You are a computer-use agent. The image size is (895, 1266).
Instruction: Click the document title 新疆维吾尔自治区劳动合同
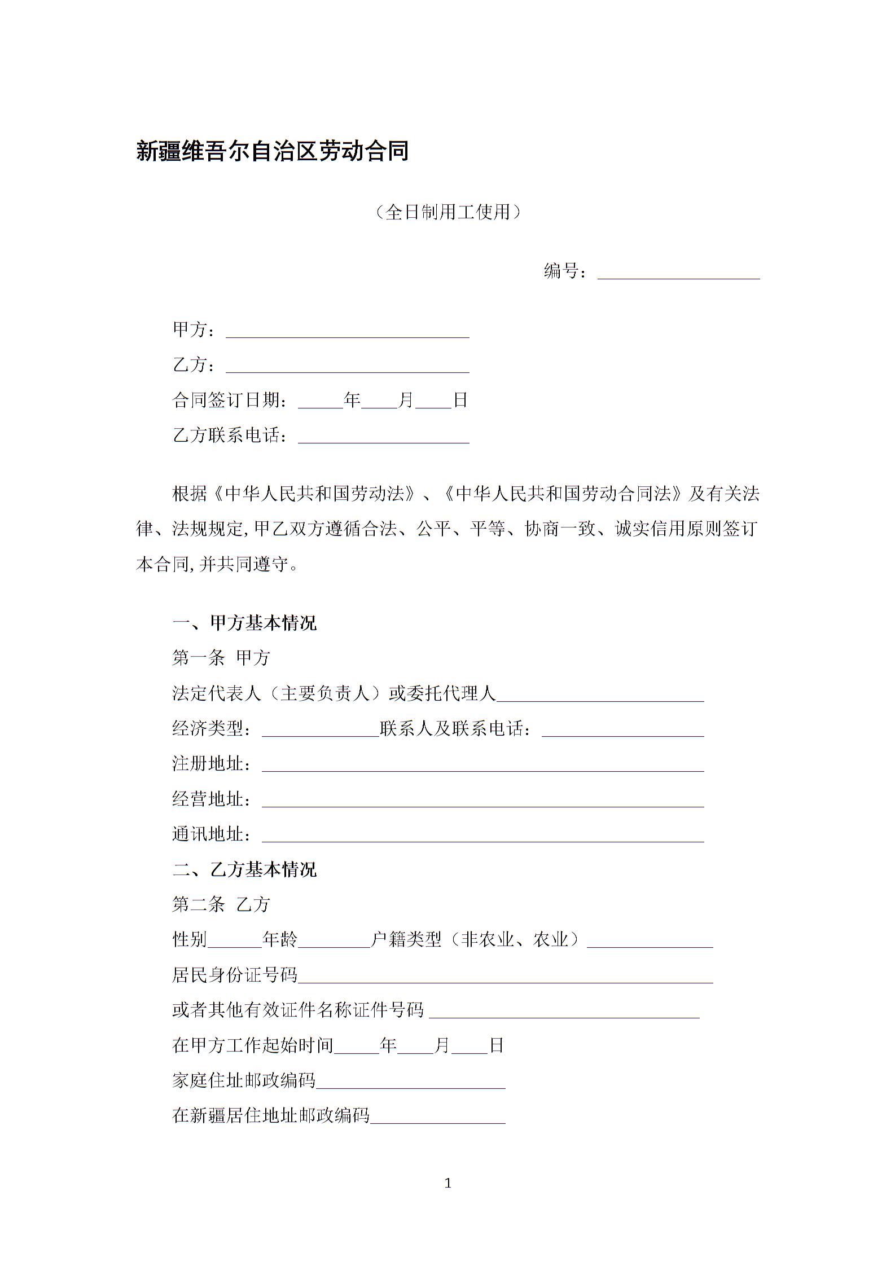click(273, 151)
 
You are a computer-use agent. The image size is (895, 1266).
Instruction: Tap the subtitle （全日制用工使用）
click(447, 212)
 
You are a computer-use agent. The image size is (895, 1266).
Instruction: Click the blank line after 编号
click(678, 272)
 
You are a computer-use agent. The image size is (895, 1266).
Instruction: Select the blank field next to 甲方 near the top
click(348, 331)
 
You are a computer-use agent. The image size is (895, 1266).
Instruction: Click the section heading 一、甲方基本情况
click(244, 623)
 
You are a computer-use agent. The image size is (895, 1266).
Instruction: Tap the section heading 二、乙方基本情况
click(244, 869)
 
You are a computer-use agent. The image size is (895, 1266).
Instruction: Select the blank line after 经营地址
click(482, 800)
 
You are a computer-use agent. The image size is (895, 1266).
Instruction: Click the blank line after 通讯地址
click(482, 835)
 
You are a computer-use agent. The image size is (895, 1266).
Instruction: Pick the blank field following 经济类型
click(321, 730)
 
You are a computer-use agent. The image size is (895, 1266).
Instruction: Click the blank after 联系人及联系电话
click(622, 730)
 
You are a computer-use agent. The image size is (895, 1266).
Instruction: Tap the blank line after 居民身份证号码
click(505, 976)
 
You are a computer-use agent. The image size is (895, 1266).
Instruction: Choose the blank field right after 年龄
click(334, 941)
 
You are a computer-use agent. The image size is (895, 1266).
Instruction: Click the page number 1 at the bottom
click(448, 1184)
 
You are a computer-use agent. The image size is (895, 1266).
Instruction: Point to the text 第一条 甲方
click(221, 658)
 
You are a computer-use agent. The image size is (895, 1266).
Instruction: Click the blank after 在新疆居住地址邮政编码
click(437, 1116)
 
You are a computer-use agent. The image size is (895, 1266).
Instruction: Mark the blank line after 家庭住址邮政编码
click(410, 1082)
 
